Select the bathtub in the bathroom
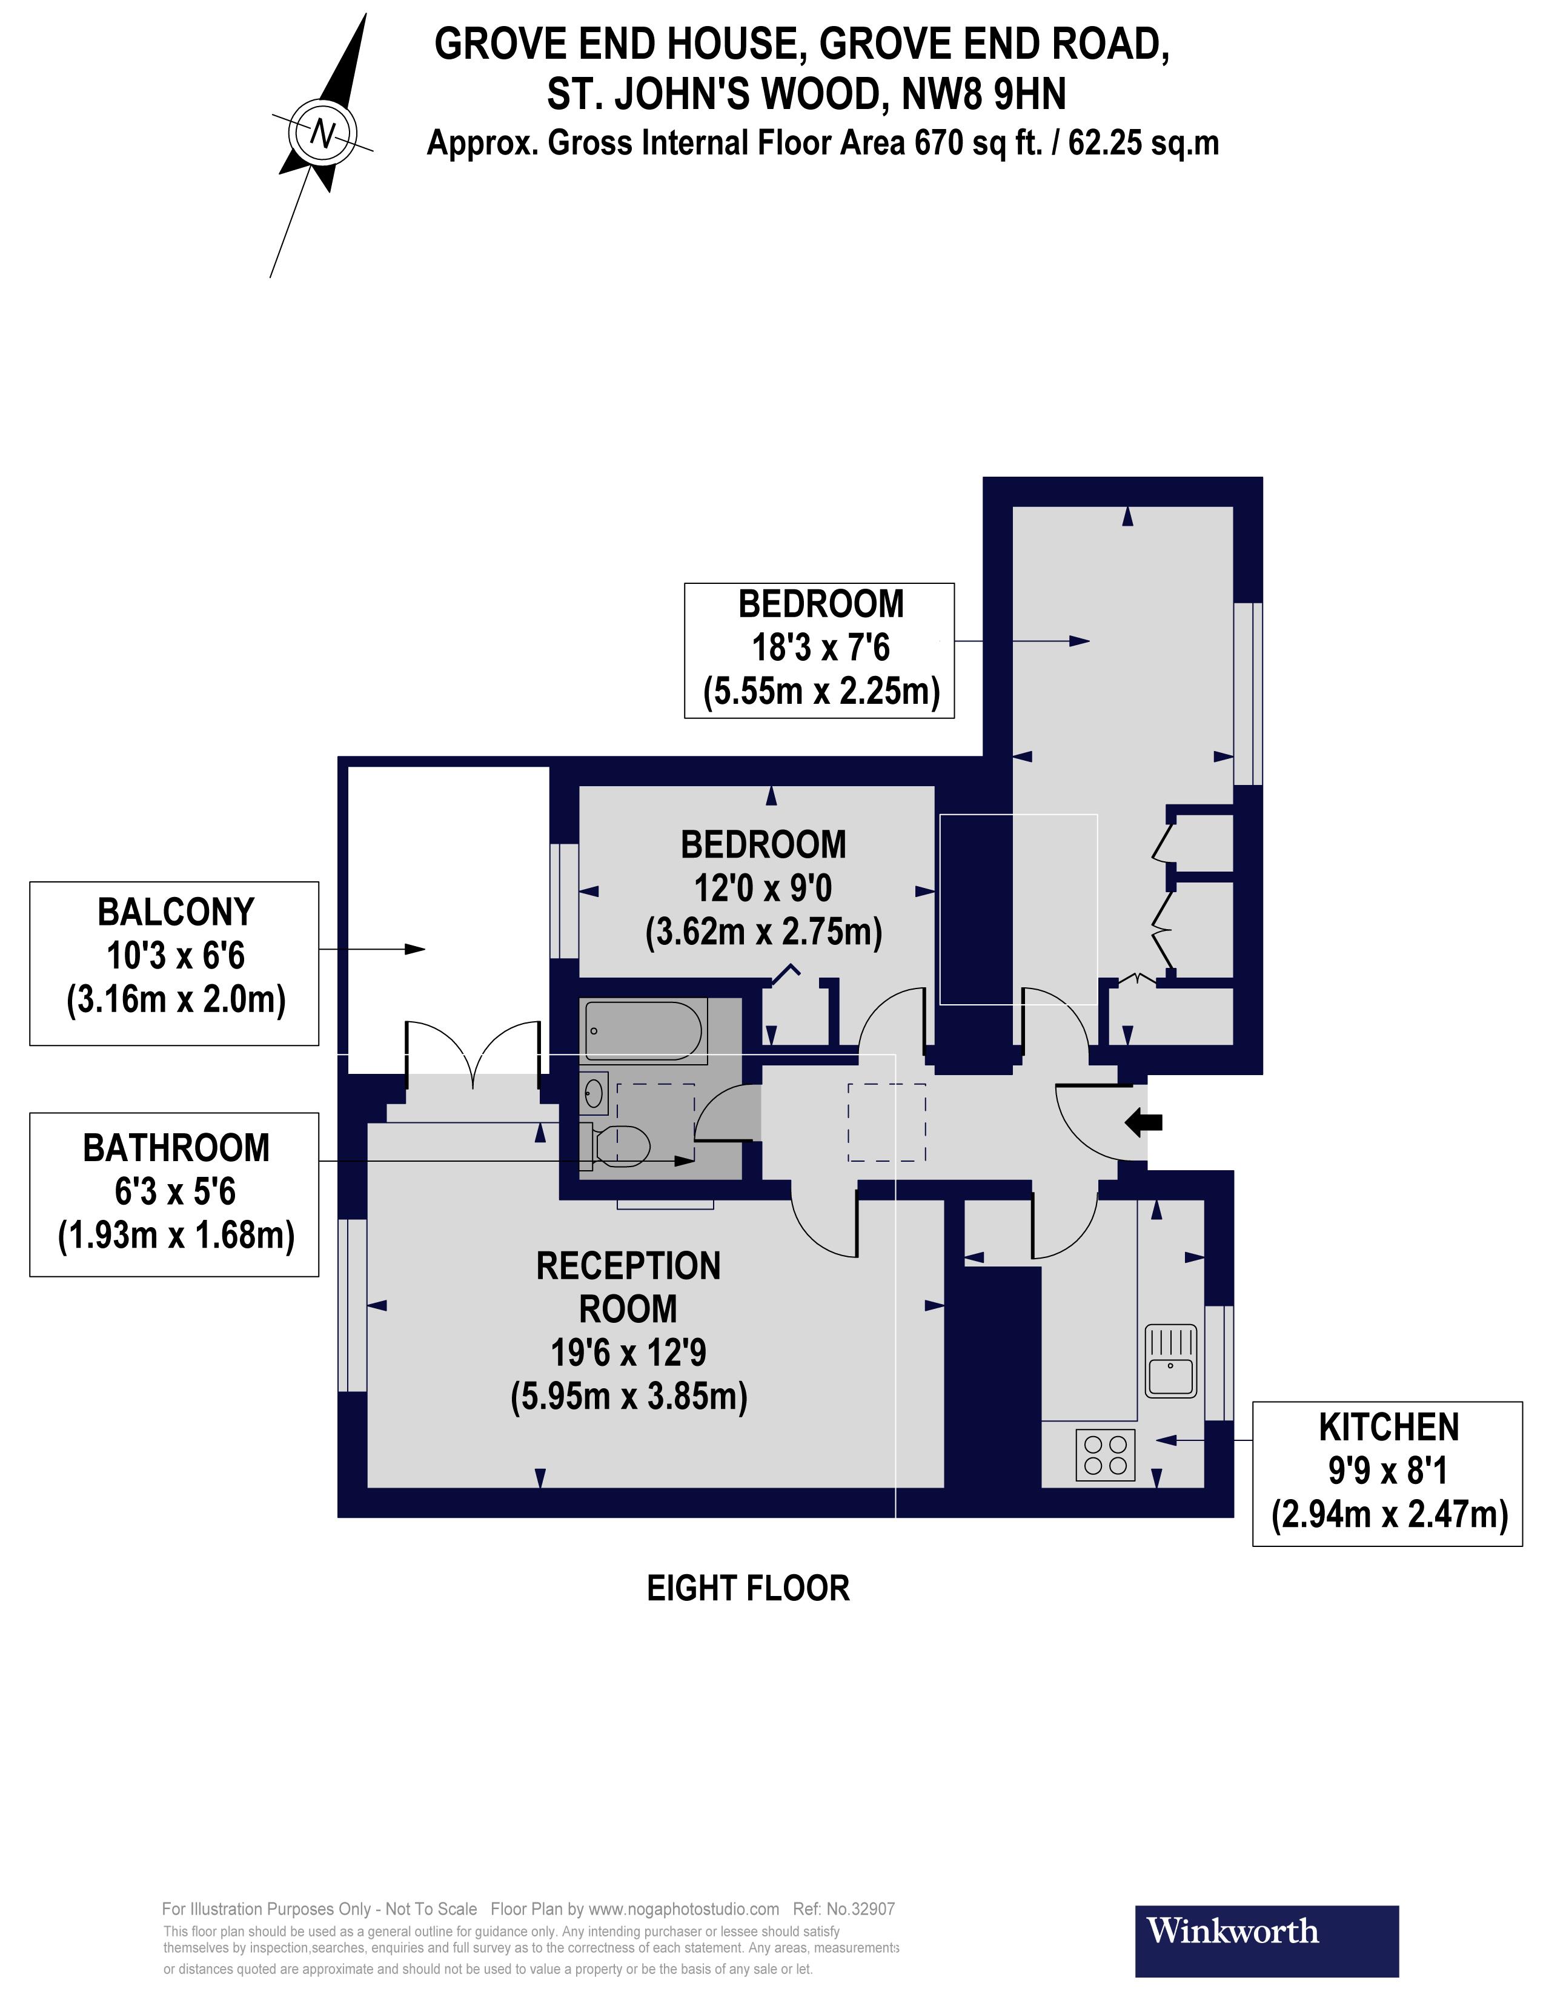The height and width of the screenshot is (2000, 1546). coord(643,1031)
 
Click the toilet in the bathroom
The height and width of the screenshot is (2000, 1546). coord(623,1145)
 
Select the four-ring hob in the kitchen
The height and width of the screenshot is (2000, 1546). coord(1106,1454)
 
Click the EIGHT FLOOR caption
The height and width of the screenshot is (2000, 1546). coord(748,1588)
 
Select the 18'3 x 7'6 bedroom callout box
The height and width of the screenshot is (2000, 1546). coord(819,649)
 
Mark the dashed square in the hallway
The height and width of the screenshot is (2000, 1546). coord(886,1122)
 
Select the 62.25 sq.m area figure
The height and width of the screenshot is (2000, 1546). coord(1143,144)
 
